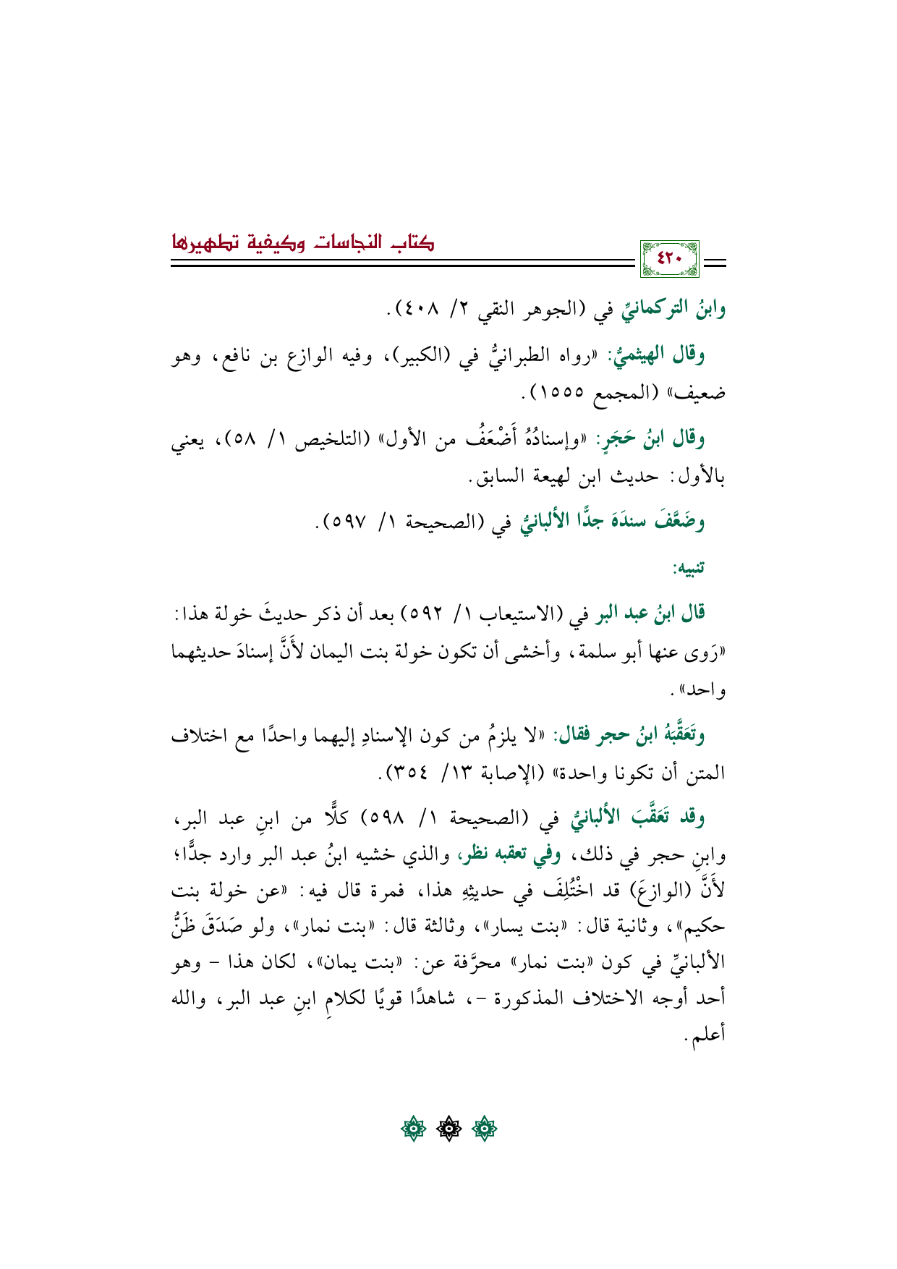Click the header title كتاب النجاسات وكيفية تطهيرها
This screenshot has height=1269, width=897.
pos(303,242)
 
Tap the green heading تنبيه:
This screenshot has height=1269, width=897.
pos(689,568)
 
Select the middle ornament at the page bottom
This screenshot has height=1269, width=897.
pos(448,1127)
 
